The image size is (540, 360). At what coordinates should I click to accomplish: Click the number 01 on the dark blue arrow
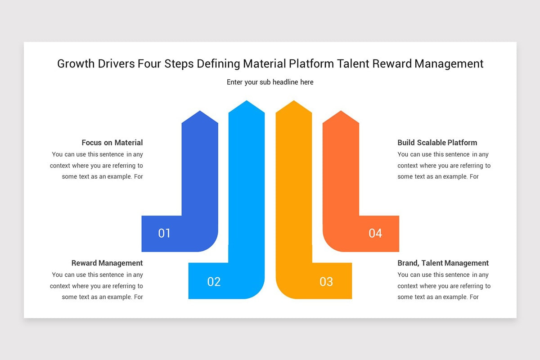pos(164,233)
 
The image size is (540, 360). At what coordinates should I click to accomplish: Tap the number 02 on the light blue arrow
pos(214,282)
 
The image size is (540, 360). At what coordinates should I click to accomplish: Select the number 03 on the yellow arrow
pos(326,282)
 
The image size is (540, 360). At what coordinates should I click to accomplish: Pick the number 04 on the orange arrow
pos(375,233)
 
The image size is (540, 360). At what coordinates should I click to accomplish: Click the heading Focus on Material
pos(112,143)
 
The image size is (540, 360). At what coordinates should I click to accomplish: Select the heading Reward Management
pos(107,263)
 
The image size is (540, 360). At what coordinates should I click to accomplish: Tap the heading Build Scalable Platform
pos(437,143)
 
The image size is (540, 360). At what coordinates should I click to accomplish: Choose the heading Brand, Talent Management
pos(443,263)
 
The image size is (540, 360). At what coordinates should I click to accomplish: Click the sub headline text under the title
pos(270,82)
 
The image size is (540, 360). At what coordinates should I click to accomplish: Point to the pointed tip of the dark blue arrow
pos(200,112)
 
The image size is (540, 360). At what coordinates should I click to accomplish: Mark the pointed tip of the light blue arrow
pos(247,101)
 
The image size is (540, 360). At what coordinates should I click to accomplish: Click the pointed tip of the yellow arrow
pos(293,101)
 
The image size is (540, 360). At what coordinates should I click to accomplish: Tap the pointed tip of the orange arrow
pos(341,112)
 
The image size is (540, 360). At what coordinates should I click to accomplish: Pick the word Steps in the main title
pos(179,64)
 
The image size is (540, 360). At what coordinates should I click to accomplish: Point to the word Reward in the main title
pos(392,64)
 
